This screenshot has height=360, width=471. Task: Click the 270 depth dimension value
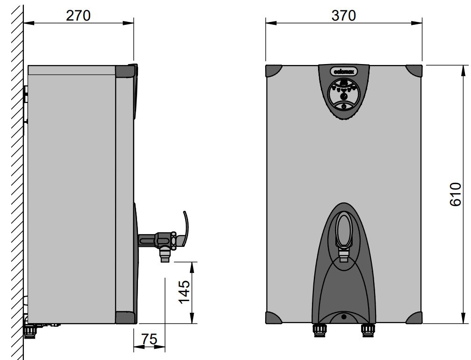coord(78,15)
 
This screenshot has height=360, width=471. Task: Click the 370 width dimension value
coord(344,15)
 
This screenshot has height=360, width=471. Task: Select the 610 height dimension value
coord(455,194)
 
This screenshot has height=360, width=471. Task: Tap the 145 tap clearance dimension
coord(184,291)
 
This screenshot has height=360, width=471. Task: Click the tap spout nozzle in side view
coord(165,255)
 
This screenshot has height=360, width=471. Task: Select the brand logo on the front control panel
coord(344,72)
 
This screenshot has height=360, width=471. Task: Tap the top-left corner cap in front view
coord(273,71)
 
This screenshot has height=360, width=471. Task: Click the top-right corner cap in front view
coord(414,71)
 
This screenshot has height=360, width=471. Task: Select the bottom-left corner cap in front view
coord(273,317)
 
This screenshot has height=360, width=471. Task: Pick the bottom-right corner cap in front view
coord(414,317)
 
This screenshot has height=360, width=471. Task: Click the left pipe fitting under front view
coord(319,329)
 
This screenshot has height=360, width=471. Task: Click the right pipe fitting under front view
coord(367,329)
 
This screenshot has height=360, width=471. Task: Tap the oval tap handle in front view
coord(344,229)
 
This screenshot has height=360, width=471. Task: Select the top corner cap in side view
coord(125,71)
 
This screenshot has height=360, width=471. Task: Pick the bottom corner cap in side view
coord(125,317)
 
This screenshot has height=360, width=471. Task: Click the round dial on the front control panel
coord(344,95)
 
